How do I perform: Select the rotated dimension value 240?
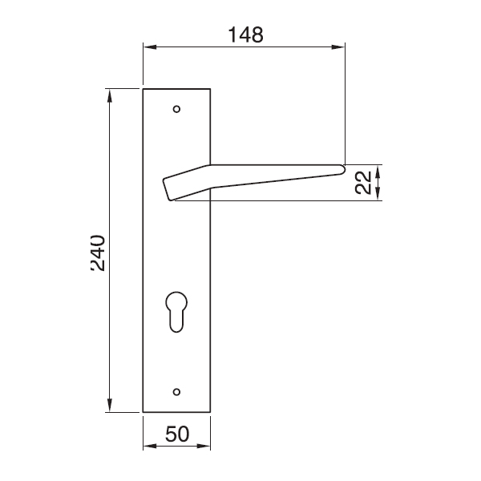coord(96,253)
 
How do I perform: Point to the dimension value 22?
coord(363,183)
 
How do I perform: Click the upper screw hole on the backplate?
coord(177,108)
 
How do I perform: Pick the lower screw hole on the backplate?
coord(177,391)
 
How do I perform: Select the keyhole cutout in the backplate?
coord(177,308)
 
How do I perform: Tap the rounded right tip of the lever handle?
coord(342,168)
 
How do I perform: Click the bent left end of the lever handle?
coord(168,189)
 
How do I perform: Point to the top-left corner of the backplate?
coord(143,88)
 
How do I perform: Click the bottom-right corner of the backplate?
coord(211,412)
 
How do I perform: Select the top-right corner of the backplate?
coord(211,88)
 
